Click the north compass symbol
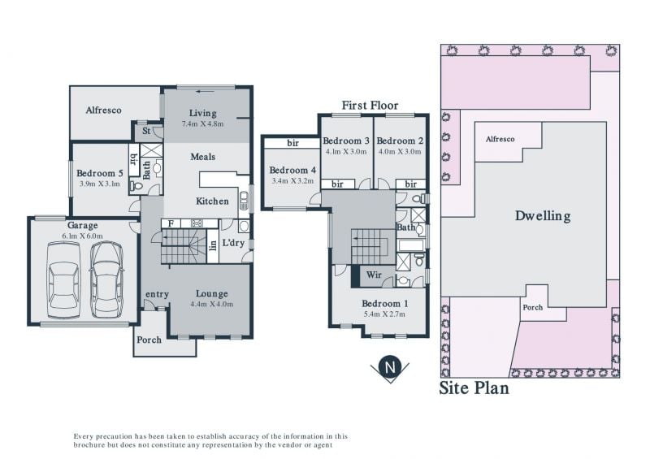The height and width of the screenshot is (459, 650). coord(390,368)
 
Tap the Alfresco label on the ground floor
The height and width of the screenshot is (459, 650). coord(104,110)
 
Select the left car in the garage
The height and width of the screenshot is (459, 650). coord(63,280)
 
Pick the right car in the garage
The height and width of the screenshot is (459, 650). coord(106,280)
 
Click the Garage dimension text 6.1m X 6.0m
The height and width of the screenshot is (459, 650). coord(83,236)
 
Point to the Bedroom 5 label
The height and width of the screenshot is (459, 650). coord(99,173)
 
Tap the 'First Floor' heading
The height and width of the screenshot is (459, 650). coord(370,106)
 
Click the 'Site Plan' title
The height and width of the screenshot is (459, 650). coord(474,388)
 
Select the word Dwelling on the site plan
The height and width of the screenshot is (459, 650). coord(543,215)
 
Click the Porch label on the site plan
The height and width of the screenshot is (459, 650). coord(533,307)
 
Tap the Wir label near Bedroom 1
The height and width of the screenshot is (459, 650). coord(374,275)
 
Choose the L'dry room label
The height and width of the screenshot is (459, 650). coord(233,243)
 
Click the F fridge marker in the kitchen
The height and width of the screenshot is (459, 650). coord(171,224)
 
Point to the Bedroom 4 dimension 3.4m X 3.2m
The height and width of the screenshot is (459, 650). coord(292,181)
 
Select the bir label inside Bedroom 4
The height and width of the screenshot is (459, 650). coord(292,144)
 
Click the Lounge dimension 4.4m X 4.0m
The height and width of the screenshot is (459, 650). coord(212,304)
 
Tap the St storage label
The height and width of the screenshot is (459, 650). coord(146,131)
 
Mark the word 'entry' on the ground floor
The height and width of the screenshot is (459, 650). coord(157,294)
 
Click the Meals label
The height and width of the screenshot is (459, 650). coord(202,157)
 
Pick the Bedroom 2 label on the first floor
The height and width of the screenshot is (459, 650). coord(400,141)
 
